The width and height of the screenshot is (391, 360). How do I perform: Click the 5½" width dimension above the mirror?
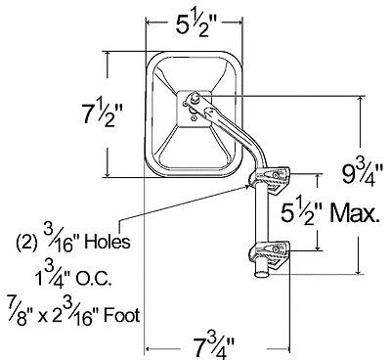pos(195,23)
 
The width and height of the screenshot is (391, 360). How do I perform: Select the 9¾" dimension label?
pos(362,174)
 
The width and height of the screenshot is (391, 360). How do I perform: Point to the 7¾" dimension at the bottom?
pos(214,347)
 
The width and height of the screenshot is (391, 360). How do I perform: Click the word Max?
pos(355,213)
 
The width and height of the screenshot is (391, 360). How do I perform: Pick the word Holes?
pos(108,242)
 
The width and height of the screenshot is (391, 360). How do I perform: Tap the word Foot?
pos(121,315)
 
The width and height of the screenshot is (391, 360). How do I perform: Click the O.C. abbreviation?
pos(95,279)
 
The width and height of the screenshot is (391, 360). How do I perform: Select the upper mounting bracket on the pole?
pos(270,179)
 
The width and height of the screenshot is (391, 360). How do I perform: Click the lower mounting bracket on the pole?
pos(270,254)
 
